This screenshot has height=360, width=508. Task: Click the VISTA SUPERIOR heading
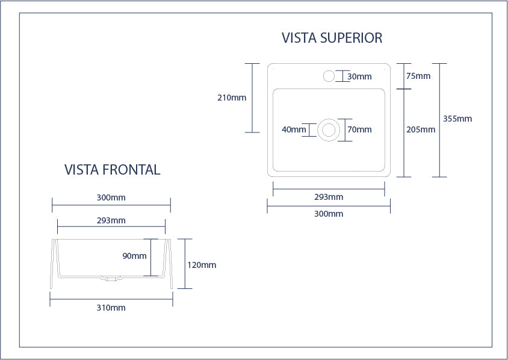tap(332, 38)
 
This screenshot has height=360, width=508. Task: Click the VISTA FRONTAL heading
tap(112, 170)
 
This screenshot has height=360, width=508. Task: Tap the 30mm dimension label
tap(359, 76)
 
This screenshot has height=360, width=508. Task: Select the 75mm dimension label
tap(418, 76)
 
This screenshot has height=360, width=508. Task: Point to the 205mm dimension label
tap(421, 129)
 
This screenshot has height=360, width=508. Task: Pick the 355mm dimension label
tap(457, 119)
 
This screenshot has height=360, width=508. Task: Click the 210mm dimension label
tap(232, 98)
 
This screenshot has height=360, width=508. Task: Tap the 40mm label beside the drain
tap(294, 129)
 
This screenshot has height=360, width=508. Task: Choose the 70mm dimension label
tap(359, 129)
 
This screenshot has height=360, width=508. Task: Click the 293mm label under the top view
tap(329, 197)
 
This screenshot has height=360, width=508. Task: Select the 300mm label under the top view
tap(329, 214)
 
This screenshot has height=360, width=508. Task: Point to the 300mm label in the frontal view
tap(111, 197)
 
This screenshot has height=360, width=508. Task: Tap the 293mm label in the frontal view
tap(111, 220)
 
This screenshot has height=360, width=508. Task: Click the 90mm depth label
tap(134, 256)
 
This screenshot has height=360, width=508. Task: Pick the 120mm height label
tap(202, 265)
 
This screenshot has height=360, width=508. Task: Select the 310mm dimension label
tap(111, 308)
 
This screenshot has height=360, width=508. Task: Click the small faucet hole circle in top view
tap(329, 76)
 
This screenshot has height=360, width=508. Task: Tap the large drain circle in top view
tap(329, 129)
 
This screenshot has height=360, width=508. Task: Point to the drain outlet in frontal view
tap(111, 279)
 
